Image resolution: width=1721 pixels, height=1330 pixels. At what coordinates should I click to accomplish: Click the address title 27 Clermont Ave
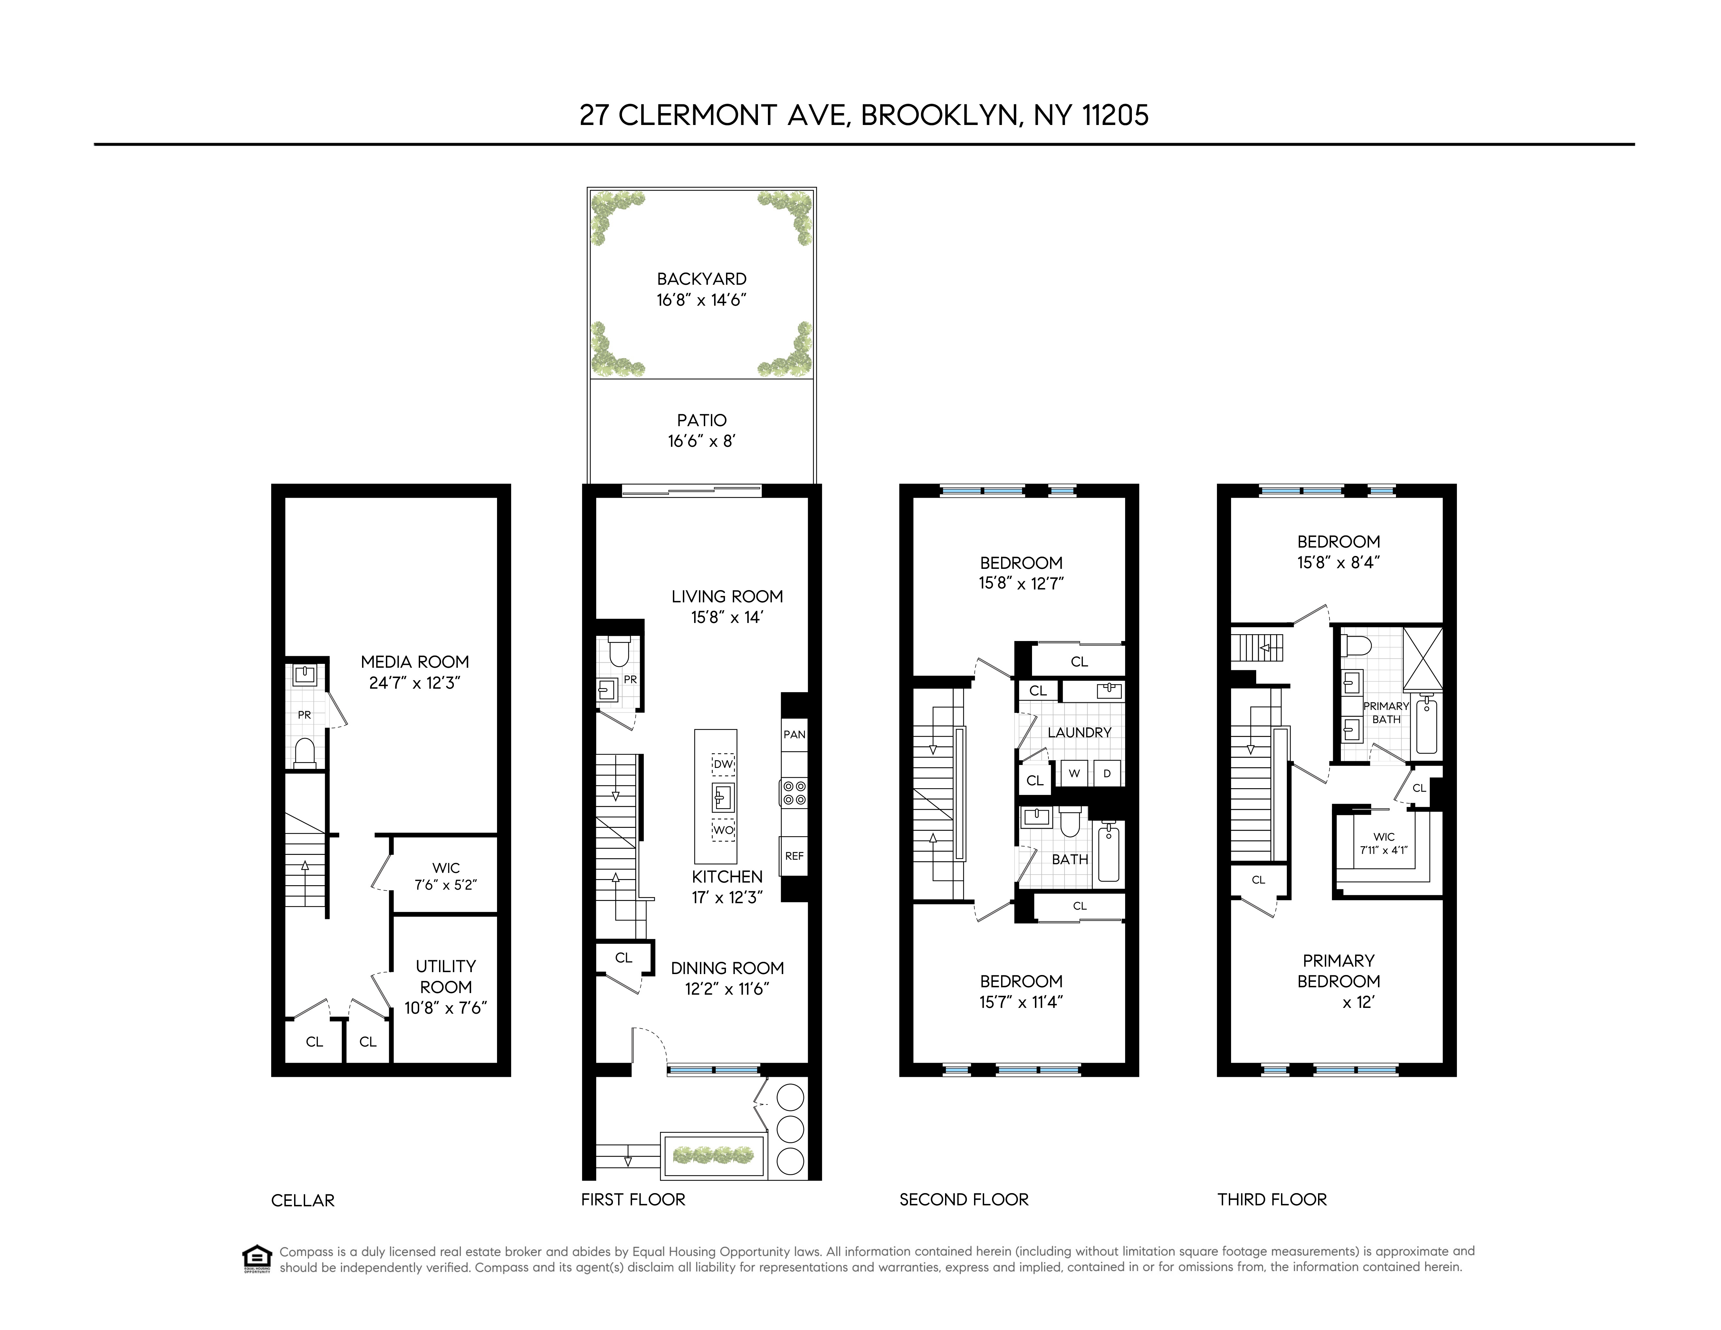coord(864,115)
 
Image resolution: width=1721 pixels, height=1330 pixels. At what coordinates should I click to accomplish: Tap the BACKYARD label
coord(701,279)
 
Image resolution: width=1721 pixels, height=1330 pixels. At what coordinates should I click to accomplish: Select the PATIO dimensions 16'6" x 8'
coord(701,441)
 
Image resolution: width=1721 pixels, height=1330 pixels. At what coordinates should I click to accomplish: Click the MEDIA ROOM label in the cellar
coord(415,662)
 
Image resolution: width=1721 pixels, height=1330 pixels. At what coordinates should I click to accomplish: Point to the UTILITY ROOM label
coord(446,976)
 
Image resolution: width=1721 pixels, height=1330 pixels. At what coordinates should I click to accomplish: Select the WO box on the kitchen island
coord(722,830)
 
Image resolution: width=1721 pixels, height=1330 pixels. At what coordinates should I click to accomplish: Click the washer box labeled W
coord(1074,774)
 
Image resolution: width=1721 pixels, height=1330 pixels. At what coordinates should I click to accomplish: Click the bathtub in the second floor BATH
coord(1108,853)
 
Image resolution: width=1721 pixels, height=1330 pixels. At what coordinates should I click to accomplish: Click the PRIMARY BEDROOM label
coord(1338,971)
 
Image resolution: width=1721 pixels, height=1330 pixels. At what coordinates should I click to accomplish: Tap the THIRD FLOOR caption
coord(1272,1199)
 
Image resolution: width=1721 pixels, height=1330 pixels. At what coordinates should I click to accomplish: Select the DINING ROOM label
coord(727,968)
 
